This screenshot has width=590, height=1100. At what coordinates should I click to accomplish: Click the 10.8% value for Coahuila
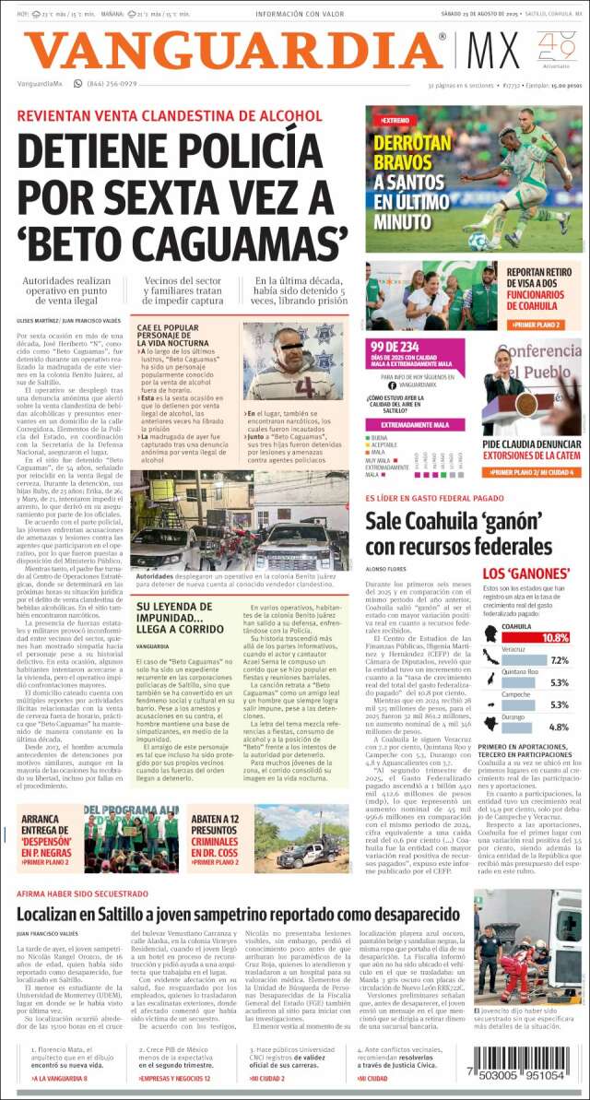(556, 638)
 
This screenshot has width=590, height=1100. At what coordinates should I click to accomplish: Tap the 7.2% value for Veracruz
(559, 661)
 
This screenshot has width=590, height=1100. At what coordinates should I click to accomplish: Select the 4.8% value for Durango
(559, 726)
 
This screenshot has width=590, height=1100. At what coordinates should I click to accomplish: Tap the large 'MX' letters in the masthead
(494, 51)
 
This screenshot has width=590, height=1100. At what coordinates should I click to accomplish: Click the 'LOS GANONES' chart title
(525, 574)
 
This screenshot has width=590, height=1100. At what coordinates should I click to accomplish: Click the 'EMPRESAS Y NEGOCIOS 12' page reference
(175, 1078)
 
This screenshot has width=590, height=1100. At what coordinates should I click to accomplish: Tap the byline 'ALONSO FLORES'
(386, 570)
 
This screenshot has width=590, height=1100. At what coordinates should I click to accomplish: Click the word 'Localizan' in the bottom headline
(64, 913)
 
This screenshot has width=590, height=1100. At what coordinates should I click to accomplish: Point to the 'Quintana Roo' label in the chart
(520, 671)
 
